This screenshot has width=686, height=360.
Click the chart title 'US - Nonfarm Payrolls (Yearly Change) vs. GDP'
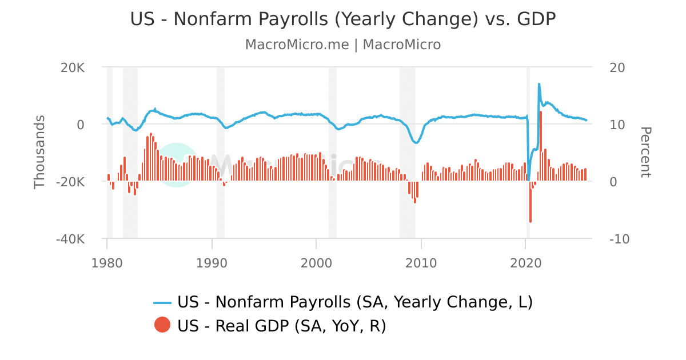(x=343, y=19)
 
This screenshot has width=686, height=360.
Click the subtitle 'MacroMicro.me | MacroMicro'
(x=343, y=45)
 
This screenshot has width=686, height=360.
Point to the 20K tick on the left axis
(x=73, y=67)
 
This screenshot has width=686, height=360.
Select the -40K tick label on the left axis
(x=70, y=239)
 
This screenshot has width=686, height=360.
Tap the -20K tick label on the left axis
(x=70, y=182)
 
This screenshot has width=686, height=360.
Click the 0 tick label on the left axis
(x=81, y=125)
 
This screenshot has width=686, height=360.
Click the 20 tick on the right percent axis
(x=618, y=67)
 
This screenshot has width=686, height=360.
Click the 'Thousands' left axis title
(x=39, y=151)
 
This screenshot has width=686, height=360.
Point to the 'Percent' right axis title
(x=645, y=152)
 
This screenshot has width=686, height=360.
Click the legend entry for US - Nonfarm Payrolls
(x=343, y=302)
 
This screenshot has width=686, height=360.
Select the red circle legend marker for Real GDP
(x=162, y=326)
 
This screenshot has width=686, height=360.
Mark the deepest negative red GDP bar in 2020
(x=531, y=206)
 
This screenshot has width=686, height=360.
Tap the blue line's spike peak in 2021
(x=539, y=84)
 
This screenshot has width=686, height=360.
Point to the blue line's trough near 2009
(x=416, y=142)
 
